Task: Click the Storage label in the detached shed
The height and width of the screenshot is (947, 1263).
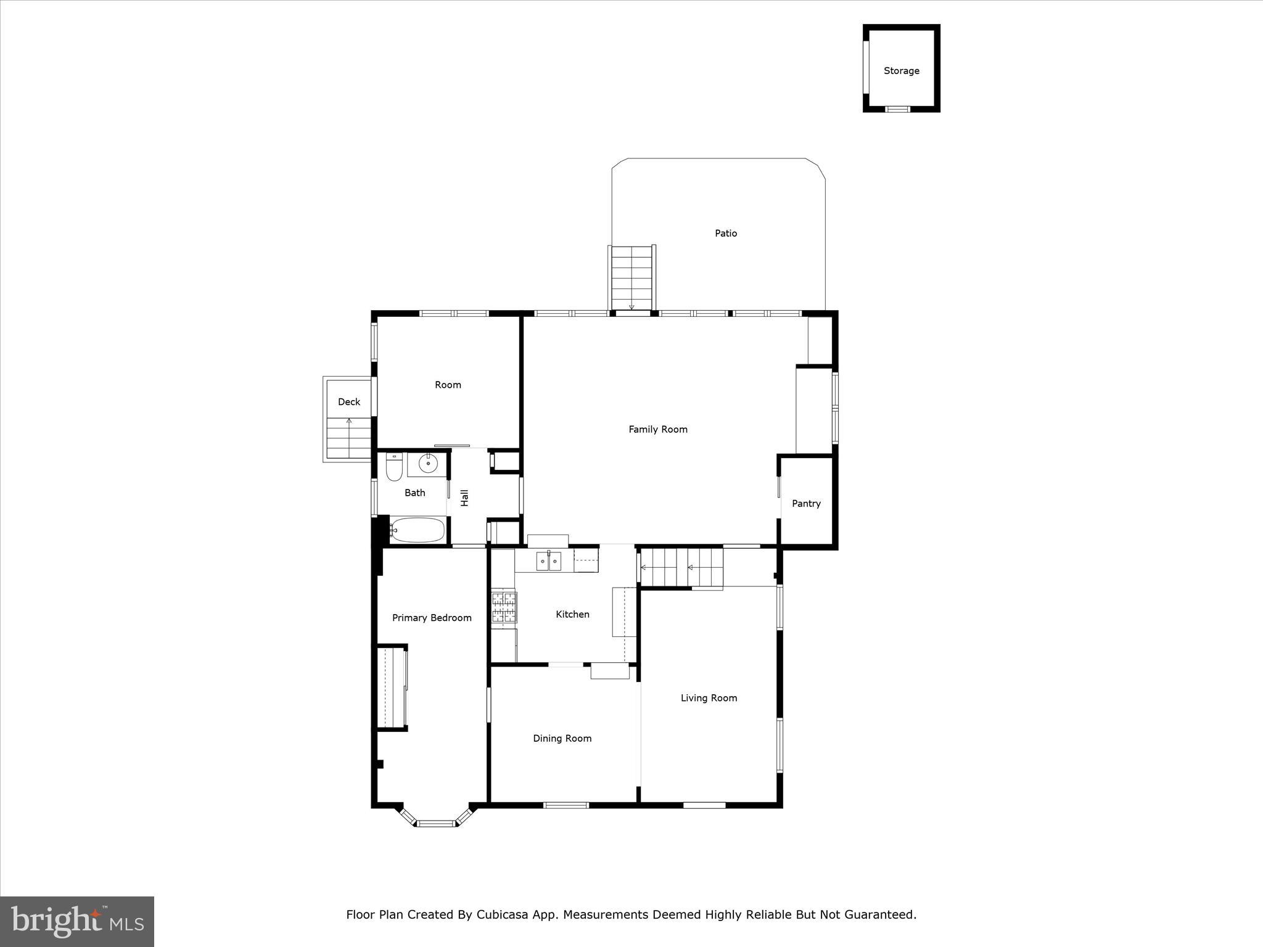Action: (x=901, y=71)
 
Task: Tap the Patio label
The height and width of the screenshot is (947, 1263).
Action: (x=726, y=233)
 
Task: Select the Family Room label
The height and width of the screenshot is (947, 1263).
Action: (x=657, y=429)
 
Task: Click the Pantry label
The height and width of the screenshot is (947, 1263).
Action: (x=806, y=504)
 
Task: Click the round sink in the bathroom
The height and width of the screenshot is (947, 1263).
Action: (x=427, y=462)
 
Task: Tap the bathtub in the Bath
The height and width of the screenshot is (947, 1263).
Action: (x=418, y=530)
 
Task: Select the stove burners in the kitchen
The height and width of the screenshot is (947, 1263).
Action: (x=504, y=607)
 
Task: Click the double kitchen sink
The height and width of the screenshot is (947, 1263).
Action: (x=548, y=561)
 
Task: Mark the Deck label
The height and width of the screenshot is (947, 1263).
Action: (x=349, y=402)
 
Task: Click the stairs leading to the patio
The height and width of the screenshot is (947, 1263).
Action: (x=631, y=277)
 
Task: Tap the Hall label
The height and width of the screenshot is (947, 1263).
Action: (x=465, y=498)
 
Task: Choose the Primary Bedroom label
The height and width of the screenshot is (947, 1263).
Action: (x=432, y=618)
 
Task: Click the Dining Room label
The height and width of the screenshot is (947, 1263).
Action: (x=562, y=739)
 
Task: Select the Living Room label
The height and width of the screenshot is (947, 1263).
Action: (x=709, y=698)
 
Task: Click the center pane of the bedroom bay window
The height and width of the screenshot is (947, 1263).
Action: (x=436, y=822)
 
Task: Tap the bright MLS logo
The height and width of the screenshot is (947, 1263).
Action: (x=77, y=922)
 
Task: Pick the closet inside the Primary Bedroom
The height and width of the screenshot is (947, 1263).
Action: (x=391, y=687)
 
